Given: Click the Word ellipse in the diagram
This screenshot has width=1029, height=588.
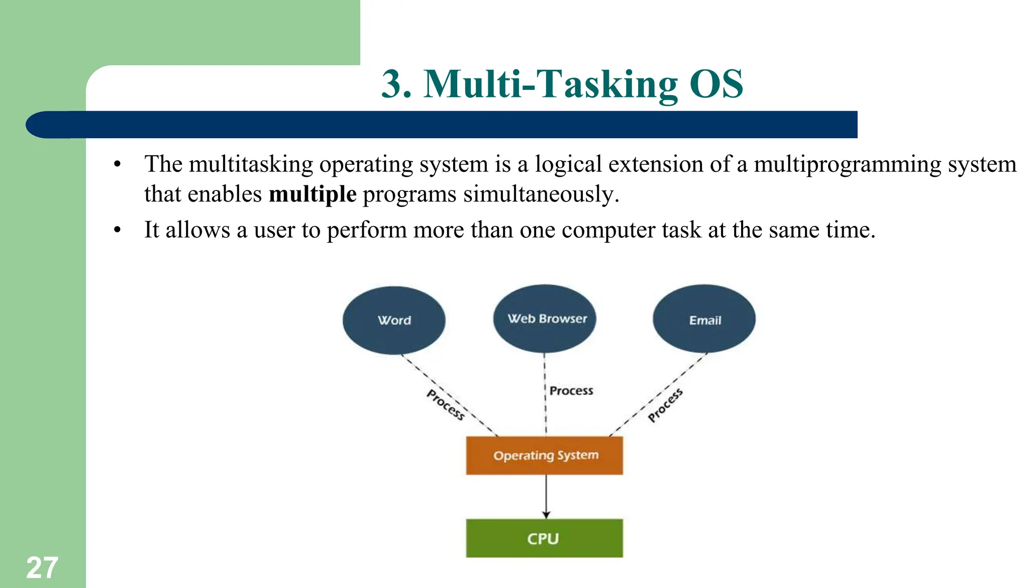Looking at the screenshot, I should point(394,320).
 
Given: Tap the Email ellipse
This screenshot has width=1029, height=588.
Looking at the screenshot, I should point(704,320).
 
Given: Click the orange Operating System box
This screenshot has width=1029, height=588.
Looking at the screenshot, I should point(544,455).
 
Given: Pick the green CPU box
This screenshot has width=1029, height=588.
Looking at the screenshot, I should point(544,538).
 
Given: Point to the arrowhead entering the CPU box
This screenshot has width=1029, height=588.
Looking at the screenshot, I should point(546,515).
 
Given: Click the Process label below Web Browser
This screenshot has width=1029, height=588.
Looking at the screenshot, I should point(571,390).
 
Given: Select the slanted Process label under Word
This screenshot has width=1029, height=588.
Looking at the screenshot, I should point(445,405).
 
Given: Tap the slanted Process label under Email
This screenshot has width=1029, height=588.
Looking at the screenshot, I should point(665,405).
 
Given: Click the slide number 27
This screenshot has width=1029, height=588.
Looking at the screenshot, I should point(42,568).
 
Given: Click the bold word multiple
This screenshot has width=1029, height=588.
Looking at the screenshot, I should point(313,194).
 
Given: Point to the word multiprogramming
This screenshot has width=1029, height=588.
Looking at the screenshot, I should point(847,165).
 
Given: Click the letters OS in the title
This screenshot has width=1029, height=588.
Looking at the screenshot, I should point(716,84).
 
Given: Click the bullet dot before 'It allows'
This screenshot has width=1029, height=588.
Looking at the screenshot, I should point(118,230).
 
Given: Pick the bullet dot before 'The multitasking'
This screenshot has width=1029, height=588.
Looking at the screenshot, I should point(118,165).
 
